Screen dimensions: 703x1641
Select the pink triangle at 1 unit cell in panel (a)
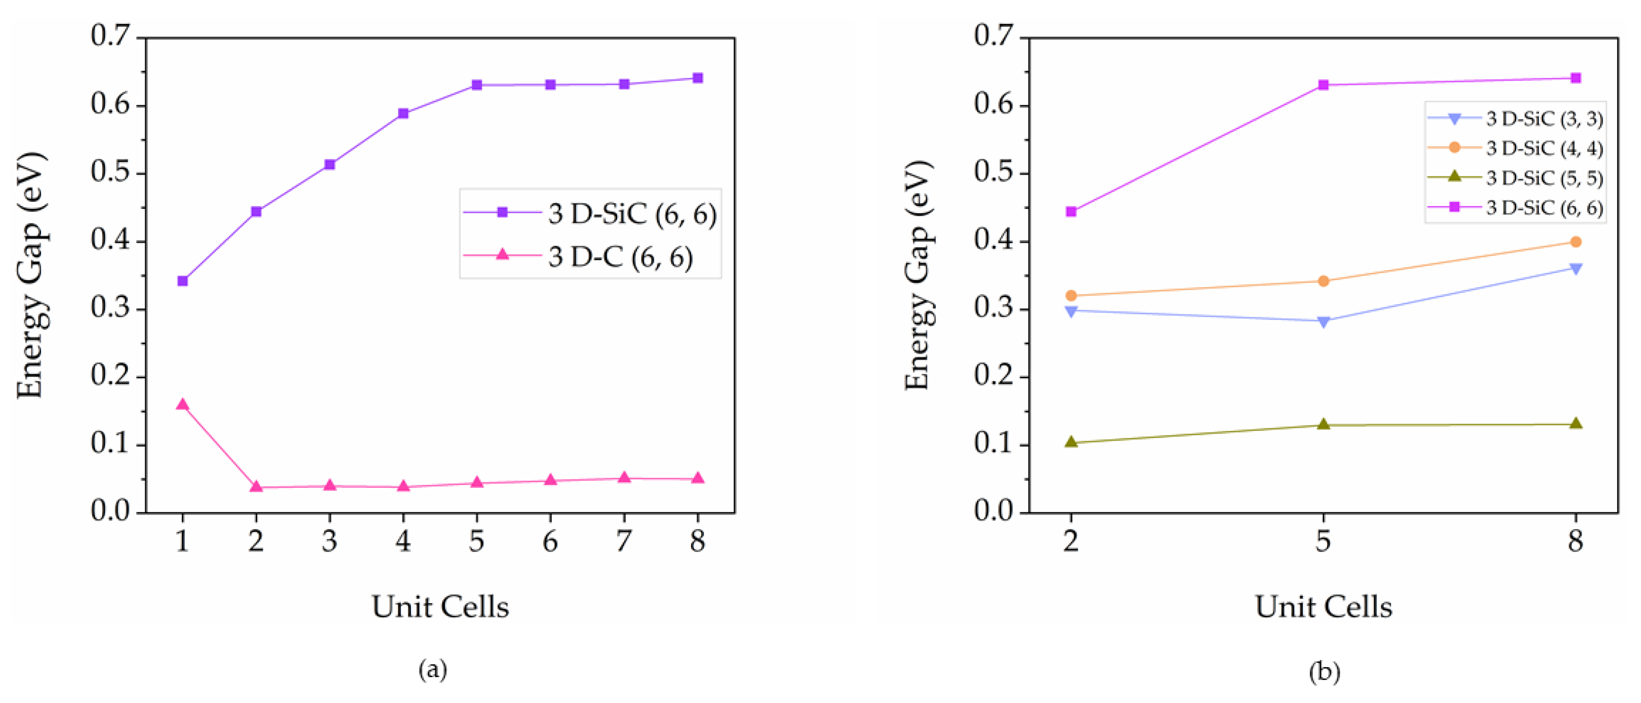[183, 405]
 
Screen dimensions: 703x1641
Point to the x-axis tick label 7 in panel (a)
[624, 542]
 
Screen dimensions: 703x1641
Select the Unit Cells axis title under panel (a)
[440, 606]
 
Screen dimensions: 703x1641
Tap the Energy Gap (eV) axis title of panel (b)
[919, 275]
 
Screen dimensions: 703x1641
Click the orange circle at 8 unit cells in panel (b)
[1575, 242]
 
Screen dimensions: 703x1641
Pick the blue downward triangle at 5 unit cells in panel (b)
[1323, 321]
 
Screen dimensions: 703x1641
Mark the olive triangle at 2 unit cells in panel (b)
[1071, 442]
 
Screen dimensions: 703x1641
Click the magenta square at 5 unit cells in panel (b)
[1323, 85]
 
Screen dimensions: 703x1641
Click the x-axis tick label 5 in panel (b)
[1323, 542]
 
